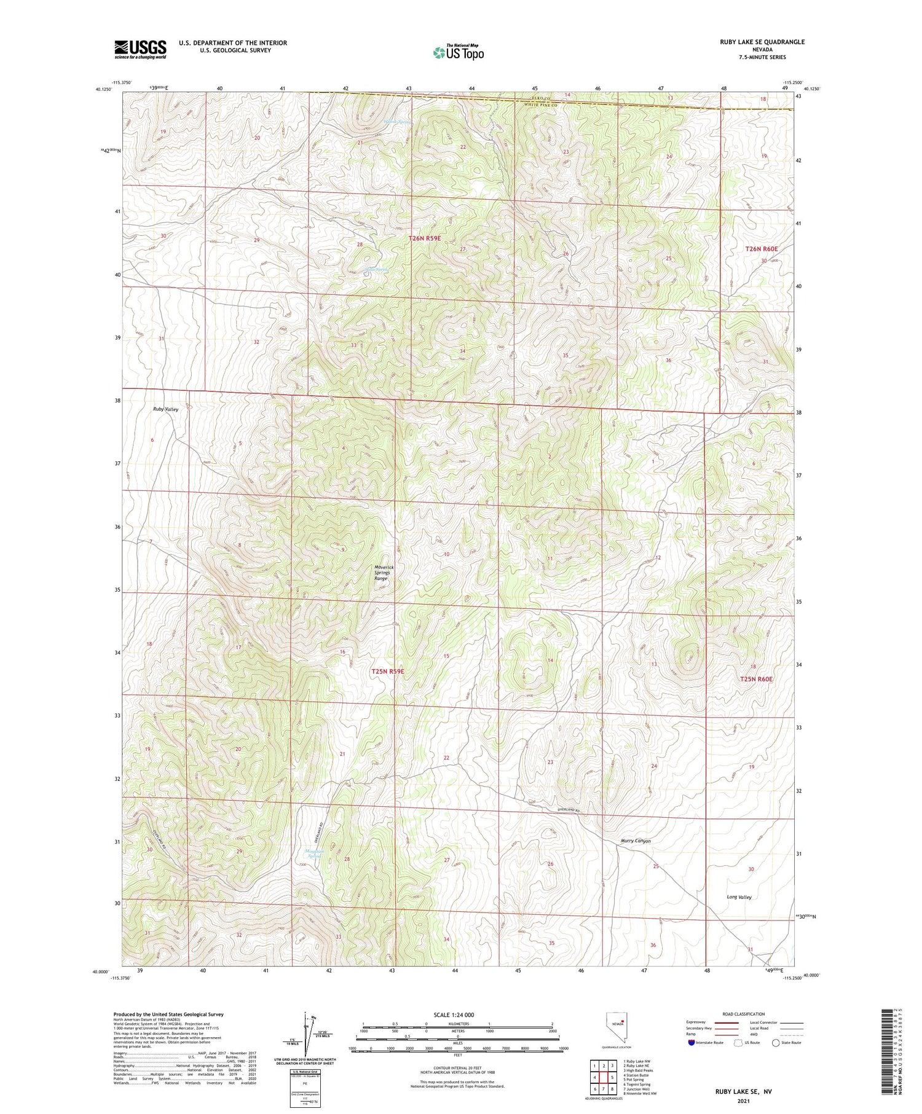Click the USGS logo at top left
click(140, 49)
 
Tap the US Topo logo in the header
click(459, 53)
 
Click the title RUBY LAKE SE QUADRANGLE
click(762, 42)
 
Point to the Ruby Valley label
click(166, 409)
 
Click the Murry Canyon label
click(636, 841)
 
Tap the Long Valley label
click(739, 897)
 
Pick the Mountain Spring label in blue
click(314, 853)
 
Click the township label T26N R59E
click(425, 238)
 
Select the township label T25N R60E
click(756, 679)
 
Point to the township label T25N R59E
click(388, 672)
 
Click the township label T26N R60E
click(761, 249)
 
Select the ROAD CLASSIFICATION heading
click(744, 1014)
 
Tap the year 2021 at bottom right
click(743, 1100)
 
